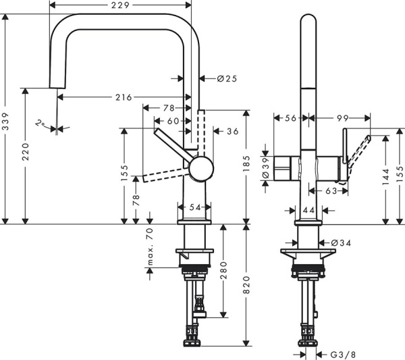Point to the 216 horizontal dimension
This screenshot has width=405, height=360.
coord(122,97)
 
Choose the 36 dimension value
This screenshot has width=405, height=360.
coord(232,131)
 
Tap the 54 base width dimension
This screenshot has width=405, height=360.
coord(195,207)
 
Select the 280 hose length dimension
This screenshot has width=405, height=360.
coord(223,271)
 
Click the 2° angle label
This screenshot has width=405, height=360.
coord(41,124)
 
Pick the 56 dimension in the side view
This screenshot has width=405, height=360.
coord(290,118)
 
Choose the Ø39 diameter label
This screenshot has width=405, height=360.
coord(266,165)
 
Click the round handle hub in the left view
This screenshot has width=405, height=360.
coord(200,168)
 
